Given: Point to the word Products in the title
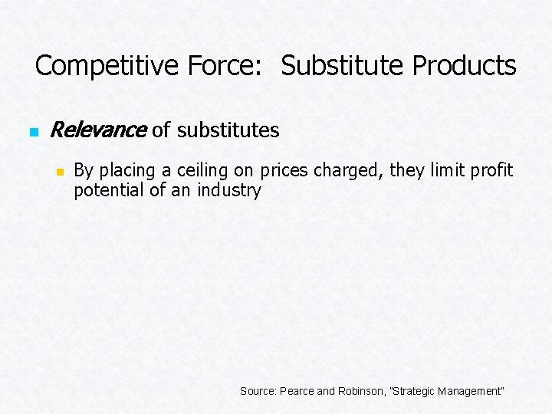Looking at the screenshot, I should tap(464, 66).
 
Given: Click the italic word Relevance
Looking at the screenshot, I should tap(97, 130).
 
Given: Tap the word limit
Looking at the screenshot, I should tap(446, 170).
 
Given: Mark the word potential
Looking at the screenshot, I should tap(108, 190).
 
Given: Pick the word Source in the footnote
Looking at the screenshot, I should tap(258, 391).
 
